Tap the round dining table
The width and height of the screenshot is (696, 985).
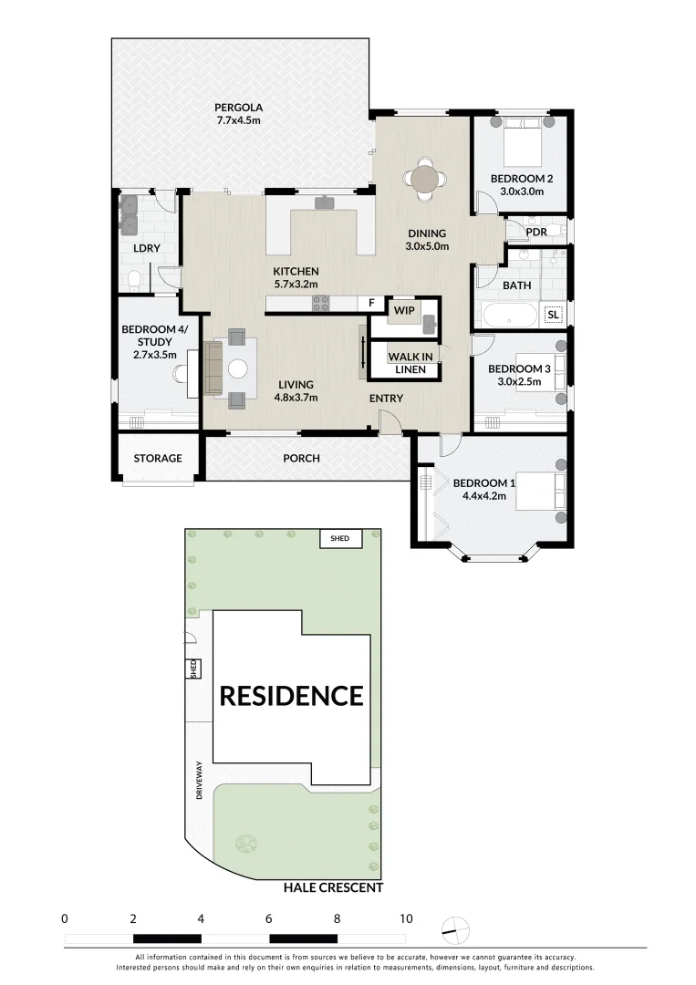coord(425,178)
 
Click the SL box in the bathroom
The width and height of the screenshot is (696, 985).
coord(552,315)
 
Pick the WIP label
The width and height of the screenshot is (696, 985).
coord(404,310)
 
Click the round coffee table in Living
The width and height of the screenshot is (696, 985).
coord(238,368)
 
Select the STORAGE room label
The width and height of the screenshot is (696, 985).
coord(158,458)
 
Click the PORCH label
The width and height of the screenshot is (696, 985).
coord(301,458)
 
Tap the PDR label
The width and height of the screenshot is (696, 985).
coord(535,232)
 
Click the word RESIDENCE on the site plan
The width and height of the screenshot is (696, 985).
coord(291,696)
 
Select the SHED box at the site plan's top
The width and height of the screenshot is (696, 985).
coord(339,538)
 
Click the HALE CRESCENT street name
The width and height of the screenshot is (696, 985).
coord(333,887)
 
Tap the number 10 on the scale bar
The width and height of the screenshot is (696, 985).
coord(405,918)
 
